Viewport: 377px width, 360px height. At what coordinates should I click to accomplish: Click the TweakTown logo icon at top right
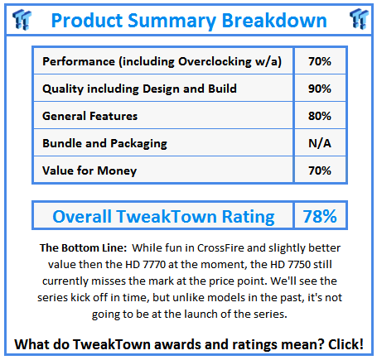coord(357,18)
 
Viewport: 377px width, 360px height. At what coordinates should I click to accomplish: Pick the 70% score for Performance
coord(319,60)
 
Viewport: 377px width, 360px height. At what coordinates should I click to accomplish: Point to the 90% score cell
coord(319,89)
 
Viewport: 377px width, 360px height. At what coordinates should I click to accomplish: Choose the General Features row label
coord(90,117)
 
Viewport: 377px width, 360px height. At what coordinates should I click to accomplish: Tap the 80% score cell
coord(319,117)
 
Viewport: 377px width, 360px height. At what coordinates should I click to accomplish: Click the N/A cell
coord(319,144)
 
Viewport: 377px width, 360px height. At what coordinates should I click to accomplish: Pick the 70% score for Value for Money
coord(319,170)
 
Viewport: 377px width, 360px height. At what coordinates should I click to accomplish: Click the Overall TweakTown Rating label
coord(163,217)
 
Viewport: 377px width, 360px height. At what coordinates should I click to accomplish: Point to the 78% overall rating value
coord(319,217)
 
